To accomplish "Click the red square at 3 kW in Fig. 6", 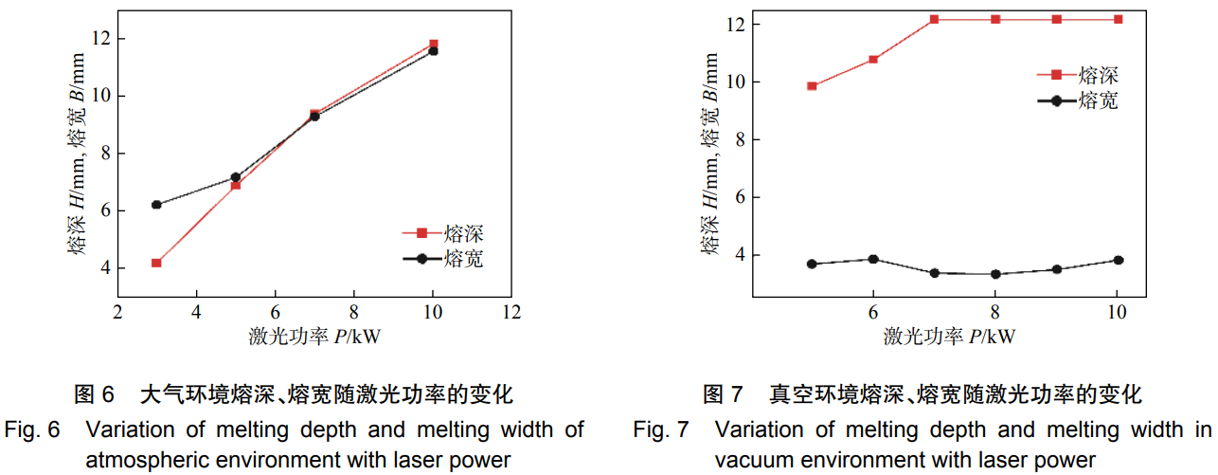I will pyautogui.click(x=156, y=263).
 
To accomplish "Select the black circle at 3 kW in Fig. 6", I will pyautogui.click(x=156, y=205).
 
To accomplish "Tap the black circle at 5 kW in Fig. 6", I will pyautogui.click(x=236, y=177).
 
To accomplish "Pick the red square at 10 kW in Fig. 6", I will pyautogui.click(x=434, y=44).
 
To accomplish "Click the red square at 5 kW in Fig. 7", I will pyautogui.click(x=812, y=86).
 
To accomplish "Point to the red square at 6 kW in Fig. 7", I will pyautogui.click(x=873, y=60).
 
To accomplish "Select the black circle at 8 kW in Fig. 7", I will pyautogui.click(x=995, y=274).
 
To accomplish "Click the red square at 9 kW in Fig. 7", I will pyautogui.click(x=1057, y=19).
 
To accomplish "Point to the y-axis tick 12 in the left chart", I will pyautogui.click(x=99, y=39).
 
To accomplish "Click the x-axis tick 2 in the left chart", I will pyautogui.click(x=117, y=312).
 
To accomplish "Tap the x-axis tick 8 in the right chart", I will pyautogui.click(x=995, y=312).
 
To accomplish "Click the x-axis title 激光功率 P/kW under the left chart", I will pyautogui.click(x=314, y=337).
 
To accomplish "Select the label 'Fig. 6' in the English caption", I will pyautogui.click(x=33, y=429).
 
